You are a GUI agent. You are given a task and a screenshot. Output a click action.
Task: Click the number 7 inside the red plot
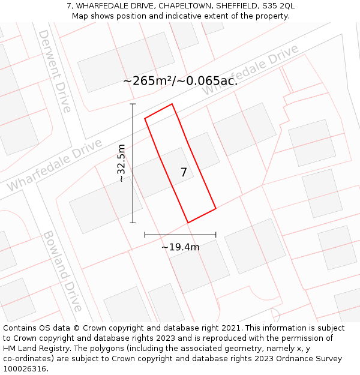pos(184,172)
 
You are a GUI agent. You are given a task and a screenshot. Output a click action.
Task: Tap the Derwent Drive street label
pos(55,71)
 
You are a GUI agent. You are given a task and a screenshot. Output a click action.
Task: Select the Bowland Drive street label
pos(62,271)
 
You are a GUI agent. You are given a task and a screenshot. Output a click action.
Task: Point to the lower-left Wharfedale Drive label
pos(55,166)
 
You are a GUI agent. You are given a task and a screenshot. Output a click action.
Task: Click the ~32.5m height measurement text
pos(122,163)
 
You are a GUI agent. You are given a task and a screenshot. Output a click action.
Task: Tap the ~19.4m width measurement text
pos(180,247)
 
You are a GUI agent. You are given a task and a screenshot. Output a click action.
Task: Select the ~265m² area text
pos(149,81)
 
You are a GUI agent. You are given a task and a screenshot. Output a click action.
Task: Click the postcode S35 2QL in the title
pos(276,6)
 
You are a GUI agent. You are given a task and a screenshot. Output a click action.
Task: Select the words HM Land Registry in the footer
pos(36,349)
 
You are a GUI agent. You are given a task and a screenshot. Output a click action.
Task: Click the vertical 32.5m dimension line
pos(133,180)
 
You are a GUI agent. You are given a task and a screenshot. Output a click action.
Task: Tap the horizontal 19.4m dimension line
pos(180,235)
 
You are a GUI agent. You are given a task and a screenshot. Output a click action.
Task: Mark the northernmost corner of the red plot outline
pos(172,104)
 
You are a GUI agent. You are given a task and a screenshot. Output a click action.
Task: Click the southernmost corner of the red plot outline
pos(188,223)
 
